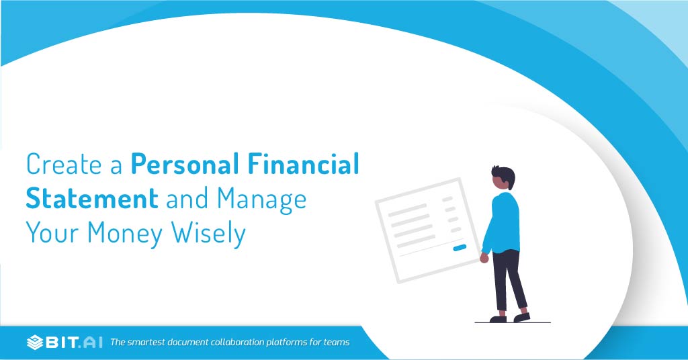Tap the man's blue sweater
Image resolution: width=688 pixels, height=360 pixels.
point(502,222)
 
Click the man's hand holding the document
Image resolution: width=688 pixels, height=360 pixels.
point(484,258)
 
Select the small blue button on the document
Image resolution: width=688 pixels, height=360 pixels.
point(460,248)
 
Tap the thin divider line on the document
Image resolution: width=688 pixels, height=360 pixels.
point(430,246)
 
